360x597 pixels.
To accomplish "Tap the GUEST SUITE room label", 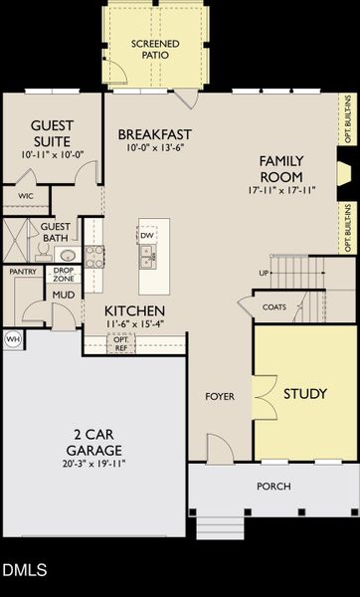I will [52, 133].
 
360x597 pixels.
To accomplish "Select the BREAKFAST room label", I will [155, 134].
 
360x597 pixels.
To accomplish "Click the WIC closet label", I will [26, 196].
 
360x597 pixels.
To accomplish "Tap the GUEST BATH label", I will [55, 233].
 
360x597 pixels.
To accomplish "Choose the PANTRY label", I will [23, 271].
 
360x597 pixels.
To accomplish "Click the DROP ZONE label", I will [64, 275].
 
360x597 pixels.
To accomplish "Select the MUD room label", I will [64, 295].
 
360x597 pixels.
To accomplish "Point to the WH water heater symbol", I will [13, 339].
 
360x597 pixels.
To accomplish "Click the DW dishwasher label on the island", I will [146, 236].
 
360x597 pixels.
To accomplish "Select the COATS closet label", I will [274, 307].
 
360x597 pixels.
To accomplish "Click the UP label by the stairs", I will [264, 273].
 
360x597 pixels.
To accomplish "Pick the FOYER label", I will [220, 396].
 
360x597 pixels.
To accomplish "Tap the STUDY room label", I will [304, 394].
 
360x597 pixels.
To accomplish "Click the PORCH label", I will [272, 487].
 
